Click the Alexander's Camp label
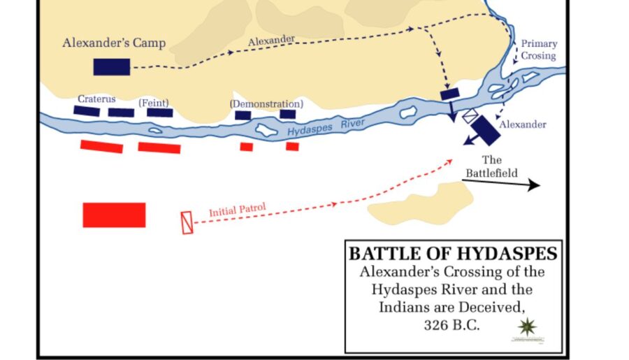(114, 43)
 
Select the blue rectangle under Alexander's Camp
(112, 66)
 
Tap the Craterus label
(96, 100)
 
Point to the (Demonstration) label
(266, 103)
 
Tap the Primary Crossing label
(538, 50)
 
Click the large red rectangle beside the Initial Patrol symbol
(114, 215)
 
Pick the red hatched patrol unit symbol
(187, 222)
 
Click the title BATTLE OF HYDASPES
(452, 252)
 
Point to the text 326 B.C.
(451, 325)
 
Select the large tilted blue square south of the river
(484, 129)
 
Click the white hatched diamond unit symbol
(470, 116)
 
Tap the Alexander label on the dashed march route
(271, 41)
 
